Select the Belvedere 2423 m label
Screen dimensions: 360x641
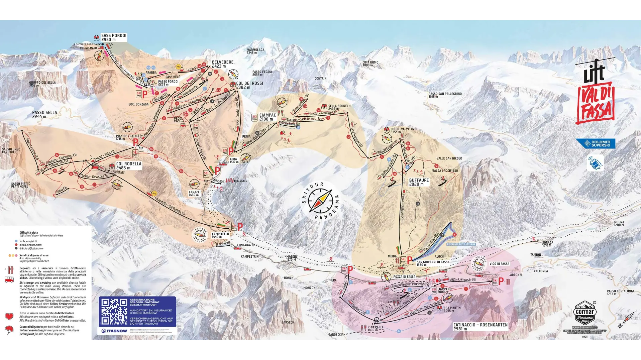click(222, 64)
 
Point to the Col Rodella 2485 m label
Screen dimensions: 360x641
click(128, 166)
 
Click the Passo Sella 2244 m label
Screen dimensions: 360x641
click(44, 115)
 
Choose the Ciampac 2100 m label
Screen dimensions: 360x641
click(268, 117)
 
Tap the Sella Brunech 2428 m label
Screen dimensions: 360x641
click(339, 107)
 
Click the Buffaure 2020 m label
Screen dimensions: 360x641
click(419, 182)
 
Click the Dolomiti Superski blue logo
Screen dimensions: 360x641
click(596, 144)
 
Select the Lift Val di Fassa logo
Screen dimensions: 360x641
click(595, 92)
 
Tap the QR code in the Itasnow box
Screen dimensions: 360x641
click(114, 312)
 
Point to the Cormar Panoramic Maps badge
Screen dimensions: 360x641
click(584, 313)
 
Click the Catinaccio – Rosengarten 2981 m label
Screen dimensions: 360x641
click(480, 327)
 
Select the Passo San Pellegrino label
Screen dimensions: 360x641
click(445, 95)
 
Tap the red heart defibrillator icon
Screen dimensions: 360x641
click(9, 316)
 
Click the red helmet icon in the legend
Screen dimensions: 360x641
click(9, 330)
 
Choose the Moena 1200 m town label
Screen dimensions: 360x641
click(619, 223)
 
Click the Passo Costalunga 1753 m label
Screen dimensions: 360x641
click(621, 292)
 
